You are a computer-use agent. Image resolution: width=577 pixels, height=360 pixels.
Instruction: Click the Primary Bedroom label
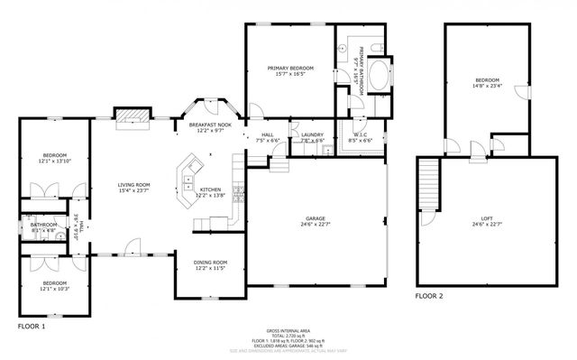point(289,69)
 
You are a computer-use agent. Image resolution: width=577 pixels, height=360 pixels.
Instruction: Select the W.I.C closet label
point(359,135)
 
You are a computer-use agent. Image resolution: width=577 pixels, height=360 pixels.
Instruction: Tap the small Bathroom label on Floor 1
point(44,225)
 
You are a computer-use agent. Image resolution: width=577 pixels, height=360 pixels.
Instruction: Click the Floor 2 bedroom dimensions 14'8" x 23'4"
point(487,88)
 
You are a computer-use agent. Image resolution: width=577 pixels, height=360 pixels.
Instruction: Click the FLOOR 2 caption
point(429,295)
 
